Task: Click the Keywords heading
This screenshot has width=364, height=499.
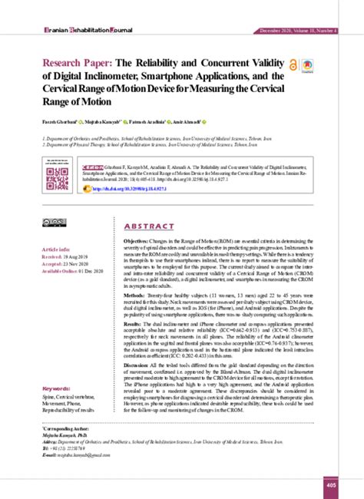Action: tap(59, 388)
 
